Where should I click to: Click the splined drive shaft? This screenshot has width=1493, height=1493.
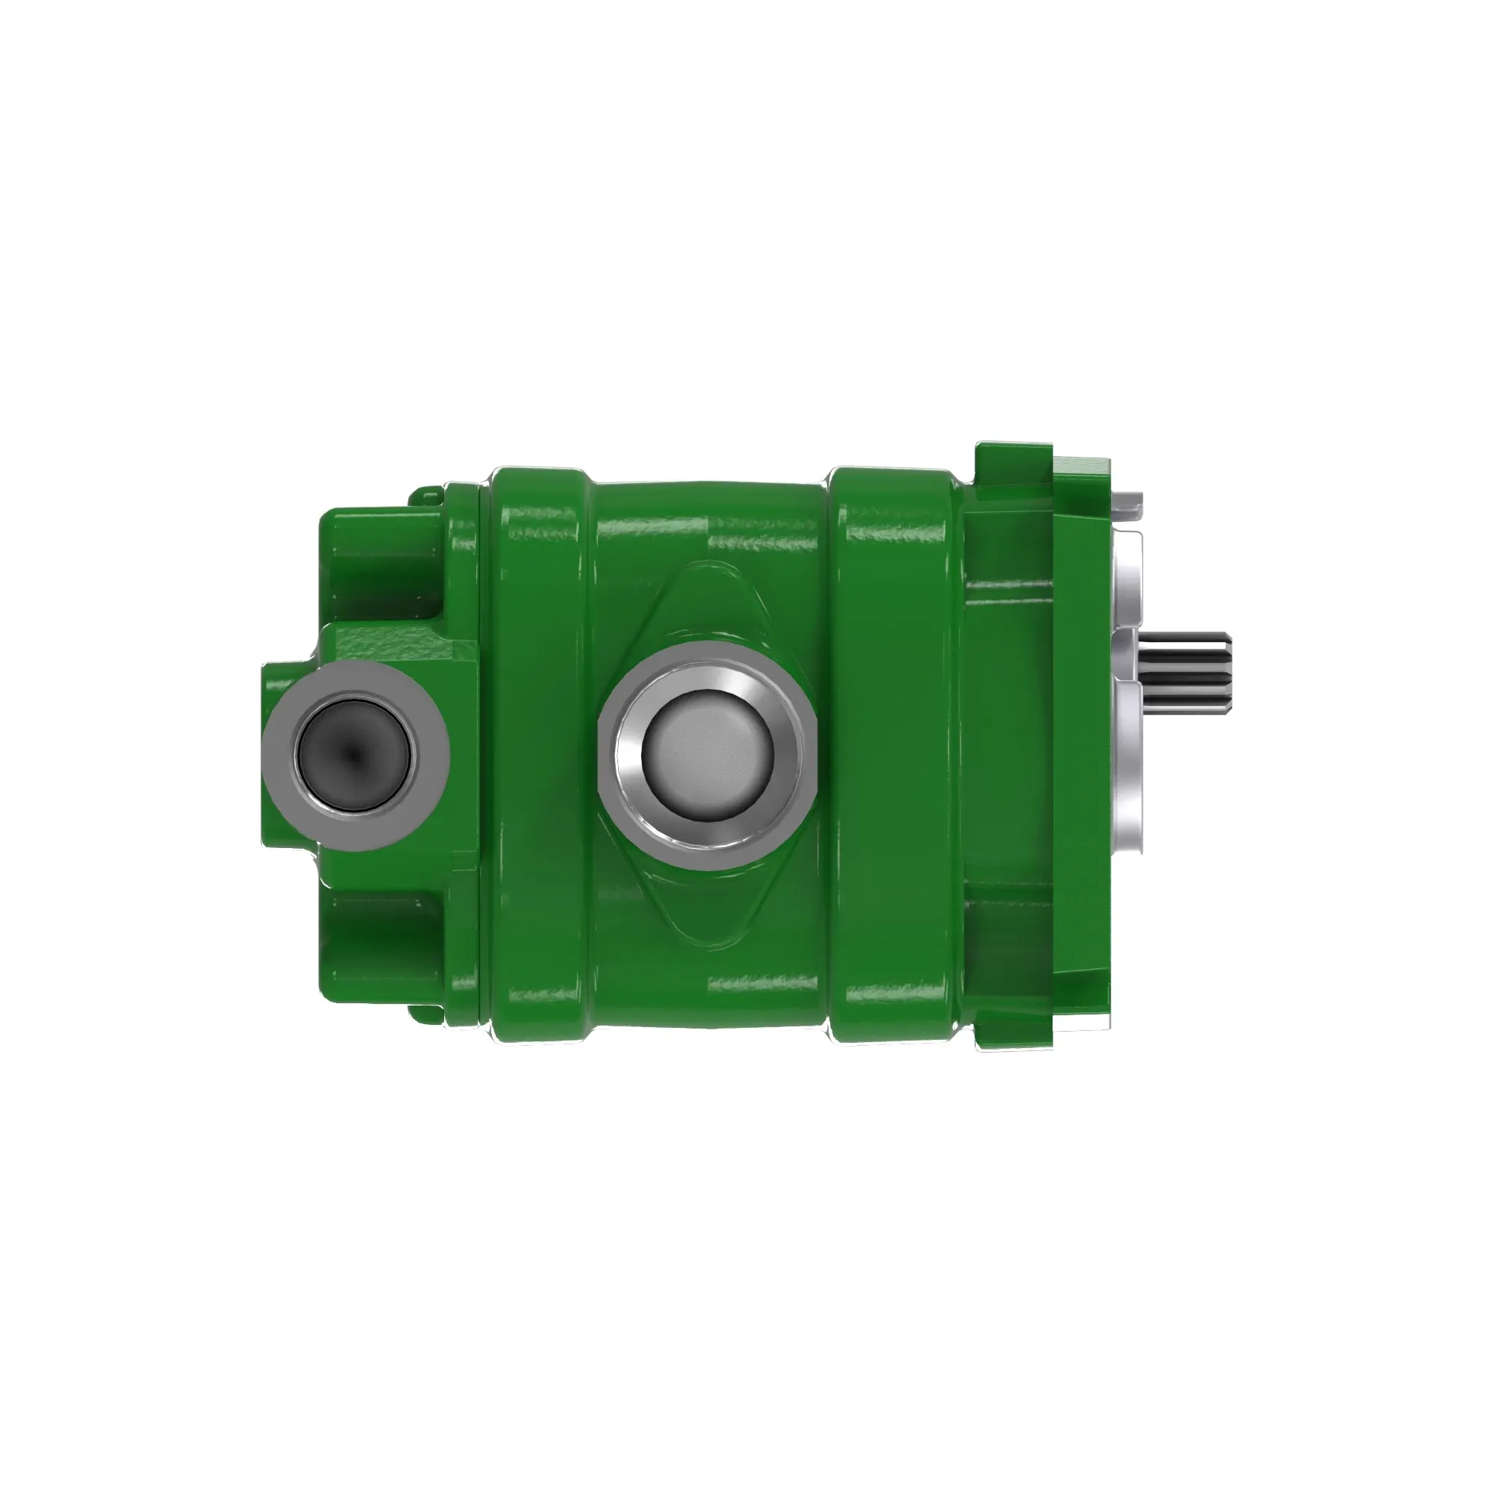pos(1187,670)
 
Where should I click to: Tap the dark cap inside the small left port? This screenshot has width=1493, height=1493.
pos(353,755)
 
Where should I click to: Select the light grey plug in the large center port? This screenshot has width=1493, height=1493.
pos(707,755)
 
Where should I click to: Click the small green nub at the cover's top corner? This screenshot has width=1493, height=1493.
pos(423,492)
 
